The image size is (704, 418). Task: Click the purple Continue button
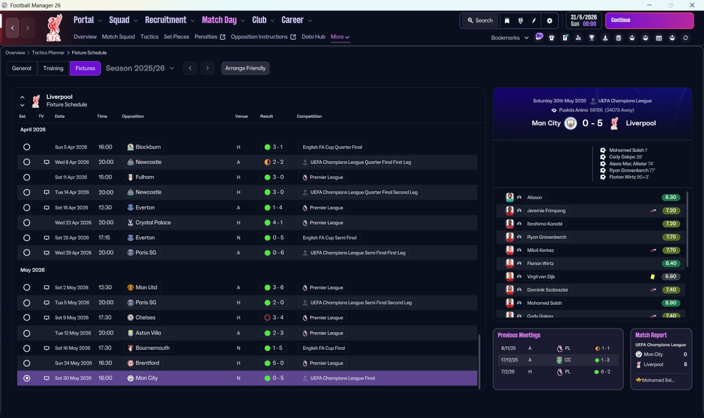[x=650, y=20]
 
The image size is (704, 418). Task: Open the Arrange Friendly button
[x=245, y=68]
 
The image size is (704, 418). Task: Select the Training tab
[x=53, y=68]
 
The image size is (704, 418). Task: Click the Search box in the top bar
[x=480, y=20]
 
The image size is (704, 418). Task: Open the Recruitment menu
[x=166, y=20]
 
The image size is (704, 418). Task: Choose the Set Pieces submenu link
[x=177, y=37]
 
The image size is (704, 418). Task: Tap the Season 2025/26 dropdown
[x=140, y=68]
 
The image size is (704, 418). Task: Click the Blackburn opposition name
[x=148, y=147]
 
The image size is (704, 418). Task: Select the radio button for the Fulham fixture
[x=27, y=177]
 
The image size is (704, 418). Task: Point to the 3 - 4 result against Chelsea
[x=278, y=318]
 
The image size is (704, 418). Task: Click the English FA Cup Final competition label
[x=324, y=348]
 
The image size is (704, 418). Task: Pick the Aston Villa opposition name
[x=148, y=333]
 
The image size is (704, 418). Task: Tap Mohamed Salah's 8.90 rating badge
[x=670, y=303]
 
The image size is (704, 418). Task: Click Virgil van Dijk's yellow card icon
[x=652, y=277]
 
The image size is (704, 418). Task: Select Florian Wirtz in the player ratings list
[x=540, y=263]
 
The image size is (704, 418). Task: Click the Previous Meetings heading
[x=519, y=335]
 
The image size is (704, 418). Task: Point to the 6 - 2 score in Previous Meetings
[x=606, y=372]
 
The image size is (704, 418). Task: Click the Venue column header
[x=241, y=116]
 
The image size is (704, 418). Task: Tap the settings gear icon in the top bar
[x=549, y=21]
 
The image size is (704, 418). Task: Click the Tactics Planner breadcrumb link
[x=48, y=53]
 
